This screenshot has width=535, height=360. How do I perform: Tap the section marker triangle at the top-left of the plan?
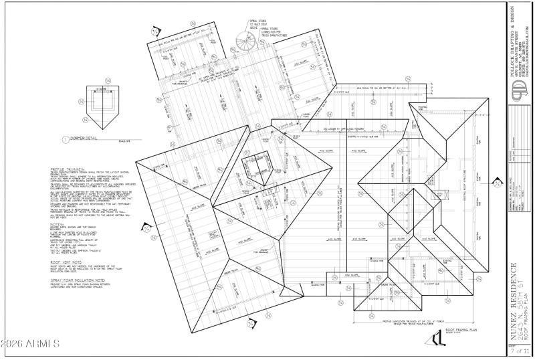point(155,31)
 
